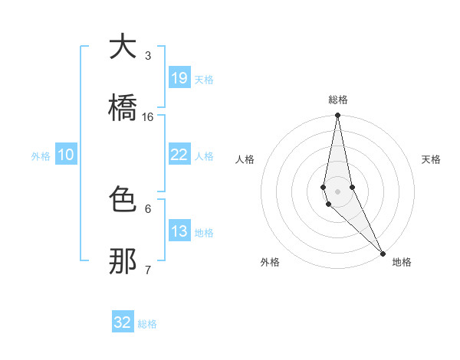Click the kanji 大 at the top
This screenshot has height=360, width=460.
pyautogui.click(x=123, y=47)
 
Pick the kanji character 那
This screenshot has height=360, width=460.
pyautogui.click(x=123, y=260)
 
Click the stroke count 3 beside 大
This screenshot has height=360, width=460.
pyautogui.click(x=148, y=55)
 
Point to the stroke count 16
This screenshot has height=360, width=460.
pyautogui.click(x=148, y=116)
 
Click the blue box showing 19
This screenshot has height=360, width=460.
pyautogui.click(x=179, y=78)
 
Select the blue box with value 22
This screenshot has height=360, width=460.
pyautogui.click(x=179, y=155)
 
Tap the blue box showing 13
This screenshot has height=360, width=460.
pyautogui.click(x=179, y=231)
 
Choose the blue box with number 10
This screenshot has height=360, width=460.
pyautogui.click(x=66, y=155)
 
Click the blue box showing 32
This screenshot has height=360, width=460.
pyautogui.click(x=123, y=322)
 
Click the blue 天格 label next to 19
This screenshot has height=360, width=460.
pyautogui.click(x=204, y=79)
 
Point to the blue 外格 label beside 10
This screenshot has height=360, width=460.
pyautogui.click(x=41, y=155)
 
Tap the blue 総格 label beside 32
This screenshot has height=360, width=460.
pyautogui.click(x=148, y=323)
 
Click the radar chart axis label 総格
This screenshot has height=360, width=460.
pyautogui.click(x=338, y=100)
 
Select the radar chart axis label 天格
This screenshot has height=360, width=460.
pyautogui.click(x=432, y=159)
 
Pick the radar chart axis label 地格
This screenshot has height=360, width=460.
pyautogui.click(x=402, y=262)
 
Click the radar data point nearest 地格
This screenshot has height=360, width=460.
pyautogui.click(x=383, y=253)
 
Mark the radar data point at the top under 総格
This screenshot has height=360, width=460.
pyautogui.click(x=337, y=116)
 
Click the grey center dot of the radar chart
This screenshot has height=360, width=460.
pyautogui.click(x=337, y=191)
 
